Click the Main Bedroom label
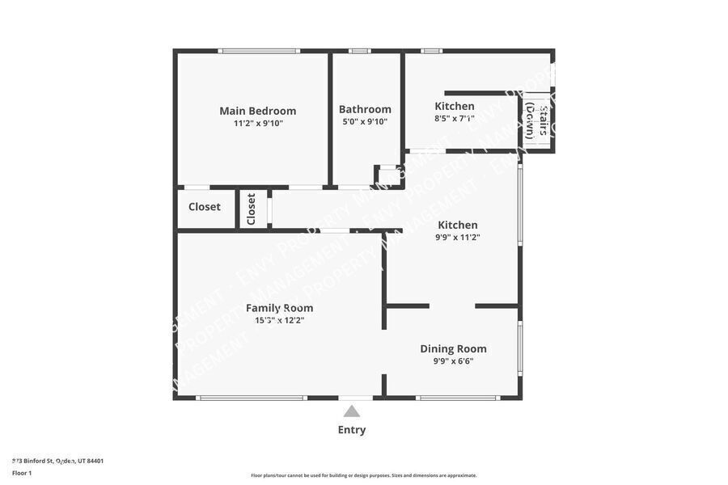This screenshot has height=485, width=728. [258, 111]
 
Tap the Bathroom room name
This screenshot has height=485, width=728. [365, 109]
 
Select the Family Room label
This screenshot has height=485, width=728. [279, 308]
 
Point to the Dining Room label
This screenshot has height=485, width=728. [453, 349]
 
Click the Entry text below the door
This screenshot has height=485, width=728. [352, 430]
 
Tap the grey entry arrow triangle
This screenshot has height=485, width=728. [352, 411]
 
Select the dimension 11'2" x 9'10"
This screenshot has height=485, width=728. [258, 123]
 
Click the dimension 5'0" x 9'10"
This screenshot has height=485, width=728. [365, 122]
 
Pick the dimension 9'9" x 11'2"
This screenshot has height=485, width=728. [458, 238]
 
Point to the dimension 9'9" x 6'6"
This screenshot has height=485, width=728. [453, 361]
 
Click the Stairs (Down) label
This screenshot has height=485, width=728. [537, 121]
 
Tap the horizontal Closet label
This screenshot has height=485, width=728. [205, 207]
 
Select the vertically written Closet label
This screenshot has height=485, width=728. [252, 209]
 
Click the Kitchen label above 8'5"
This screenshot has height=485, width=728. [455, 106]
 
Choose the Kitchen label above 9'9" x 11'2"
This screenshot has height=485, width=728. [458, 225]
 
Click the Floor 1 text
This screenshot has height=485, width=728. [22, 472]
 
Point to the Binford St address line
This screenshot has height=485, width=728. [57, 461]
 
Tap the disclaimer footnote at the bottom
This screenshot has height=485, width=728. [364, 475]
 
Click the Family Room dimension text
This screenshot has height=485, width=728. [279, 320]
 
